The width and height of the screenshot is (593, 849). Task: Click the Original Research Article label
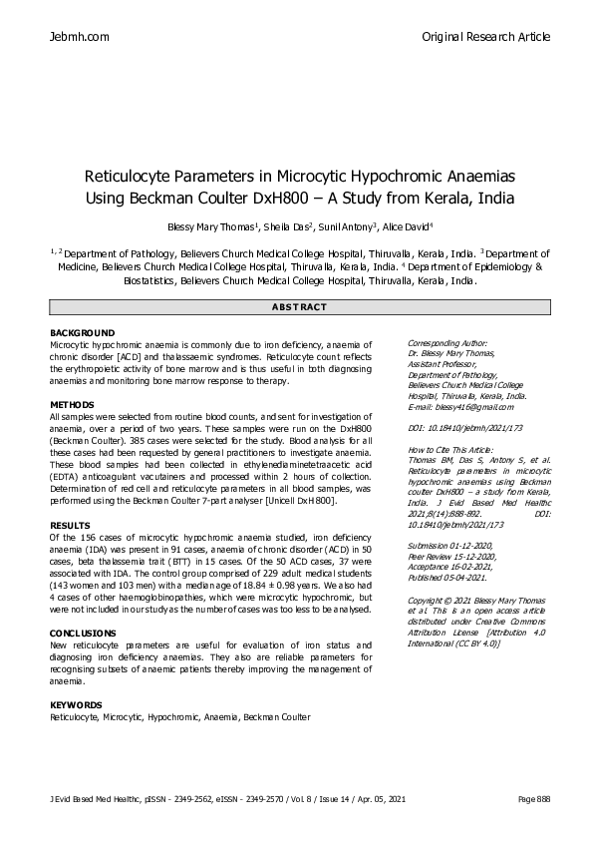coord(486,37)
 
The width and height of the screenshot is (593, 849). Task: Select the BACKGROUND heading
coord(83,332)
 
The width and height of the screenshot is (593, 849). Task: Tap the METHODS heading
coord(72,404)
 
